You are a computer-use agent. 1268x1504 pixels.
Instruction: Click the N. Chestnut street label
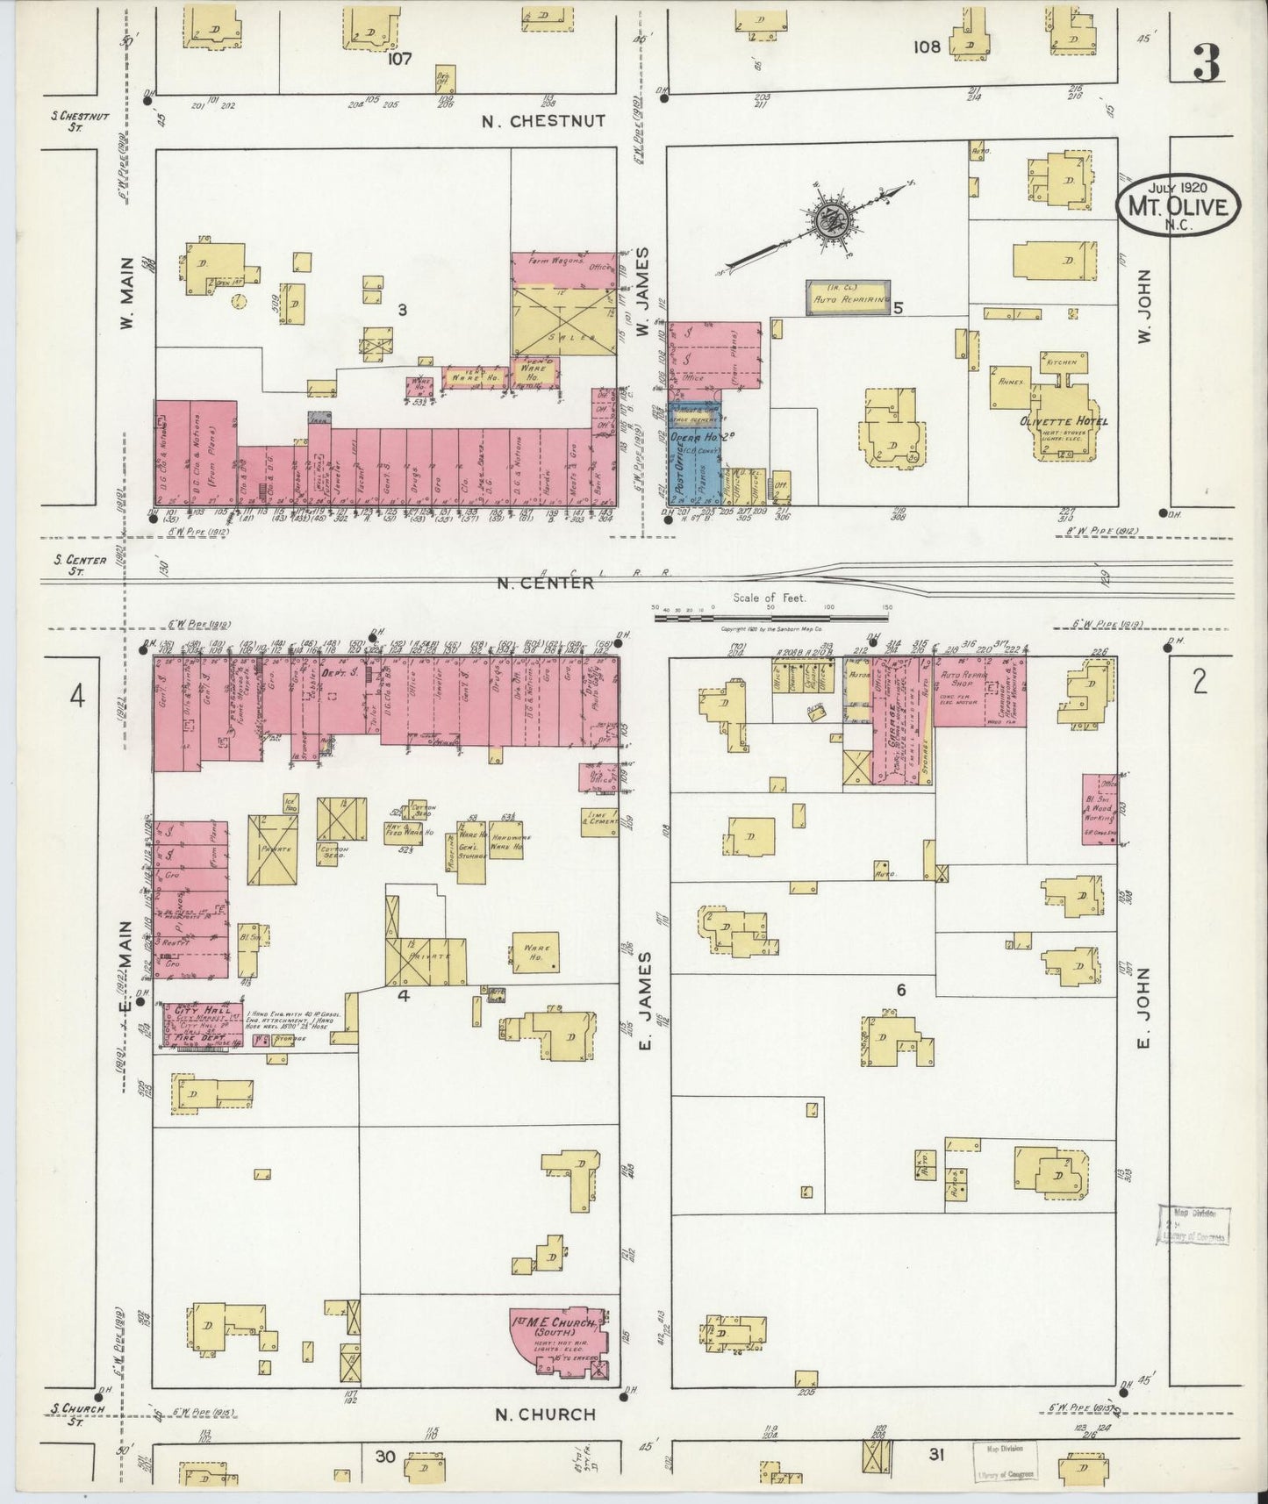point(544,121)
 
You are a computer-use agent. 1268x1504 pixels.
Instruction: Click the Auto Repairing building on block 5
point(849,297)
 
